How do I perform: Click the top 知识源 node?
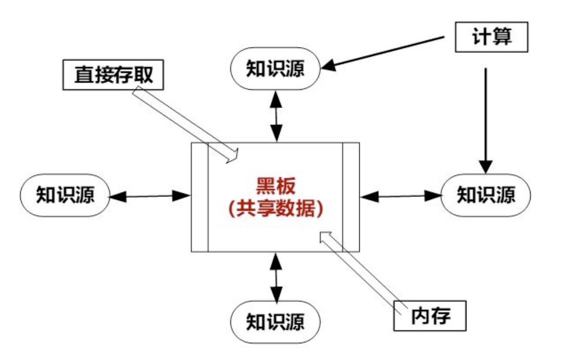pos(275,69)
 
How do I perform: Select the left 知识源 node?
pos(65,195)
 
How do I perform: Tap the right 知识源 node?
pos(486,195)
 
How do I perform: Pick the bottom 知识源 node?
pos(275,322)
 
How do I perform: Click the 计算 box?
pos(491,37)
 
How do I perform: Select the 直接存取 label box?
pos(113,75)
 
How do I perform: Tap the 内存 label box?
pos(430,316)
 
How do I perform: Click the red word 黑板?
pos(275,186)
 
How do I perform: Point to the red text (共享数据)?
pos(275,208)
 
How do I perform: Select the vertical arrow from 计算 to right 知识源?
pos(486,118)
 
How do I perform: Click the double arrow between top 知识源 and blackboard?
pos(277,116)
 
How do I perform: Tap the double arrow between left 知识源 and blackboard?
pos(150,196)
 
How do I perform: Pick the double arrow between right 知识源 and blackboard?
pos(400,196)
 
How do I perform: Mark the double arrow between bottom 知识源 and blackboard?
pos(276,277)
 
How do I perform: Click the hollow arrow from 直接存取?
pos(184,124)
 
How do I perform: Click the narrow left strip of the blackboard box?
pos(199,197)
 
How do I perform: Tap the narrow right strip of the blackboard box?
pos(351,197)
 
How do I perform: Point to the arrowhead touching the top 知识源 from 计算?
pos(329,65)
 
